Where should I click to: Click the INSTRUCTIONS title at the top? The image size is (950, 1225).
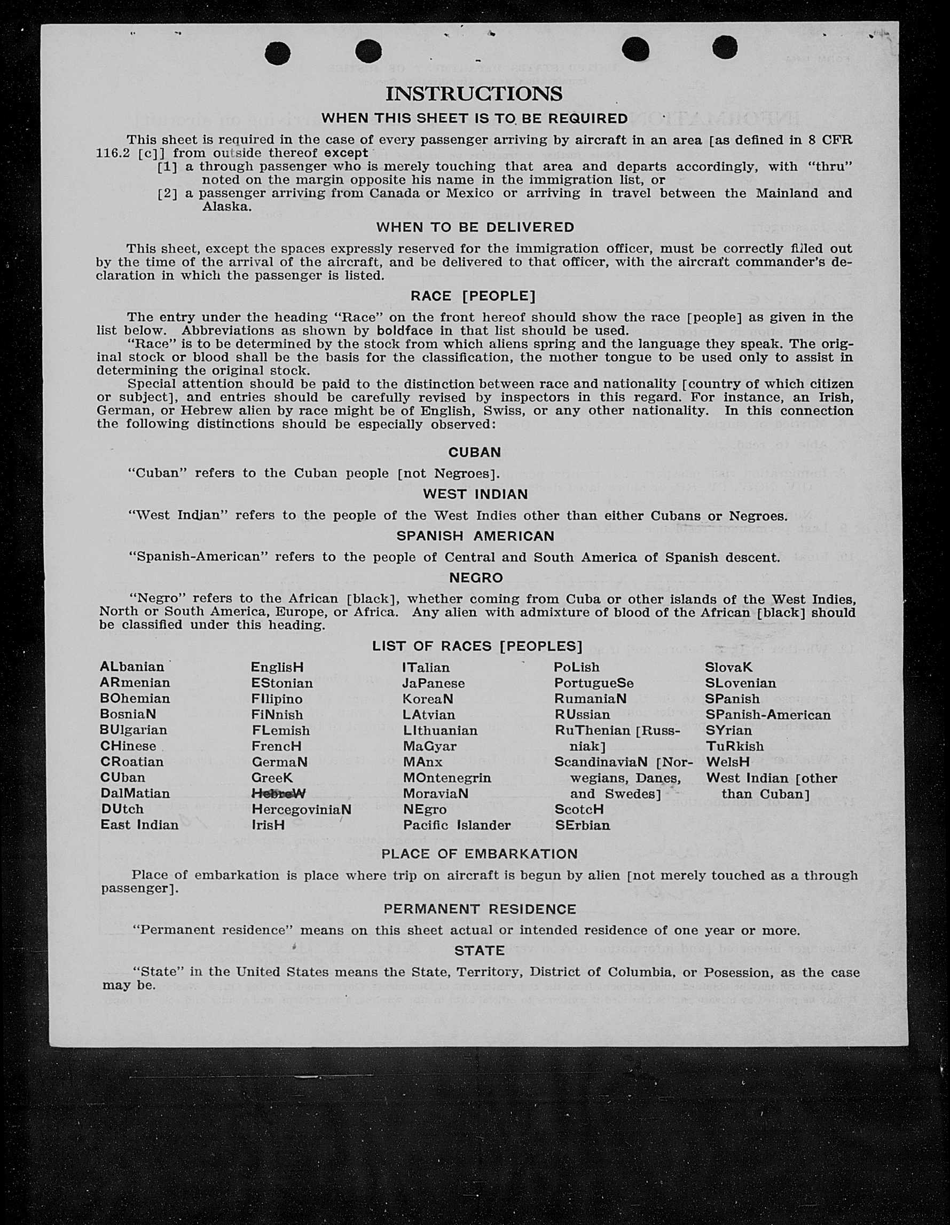pyautogui.click(x=474, y=93)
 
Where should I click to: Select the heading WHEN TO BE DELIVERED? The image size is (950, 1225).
pyautogui.click(x=475, y=227)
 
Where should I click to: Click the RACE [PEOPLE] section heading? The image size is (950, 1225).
pyautogui.click(x=473, y=296)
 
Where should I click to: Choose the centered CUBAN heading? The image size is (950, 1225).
pyautogui.click(x=474, y=452)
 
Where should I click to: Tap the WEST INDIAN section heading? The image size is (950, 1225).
pyautogui.click(x=475, y=494)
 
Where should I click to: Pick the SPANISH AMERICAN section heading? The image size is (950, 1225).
pyautogui.click(x=475, y=536)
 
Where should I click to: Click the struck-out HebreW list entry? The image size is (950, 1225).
pyautogui.click(x=278, y=794)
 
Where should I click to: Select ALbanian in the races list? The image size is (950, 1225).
pyautogui.click(x=132, y=667)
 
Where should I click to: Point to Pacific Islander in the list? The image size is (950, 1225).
pyautogui.click(x=457, y=825)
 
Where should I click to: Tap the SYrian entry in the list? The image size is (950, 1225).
pyautogui.click(x=729, y=730)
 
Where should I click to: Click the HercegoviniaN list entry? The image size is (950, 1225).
pyautogui.click(x=301, y=809)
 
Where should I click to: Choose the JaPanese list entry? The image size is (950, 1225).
pyautogui.click(x=433, y=683)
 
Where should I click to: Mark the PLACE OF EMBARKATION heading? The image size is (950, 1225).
pyautogui.click(x=479, y=853)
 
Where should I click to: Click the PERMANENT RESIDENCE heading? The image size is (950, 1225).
pyautogui.click(x=480, y=909)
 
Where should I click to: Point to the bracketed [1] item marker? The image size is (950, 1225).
pyautogui.click(x=167, y=167)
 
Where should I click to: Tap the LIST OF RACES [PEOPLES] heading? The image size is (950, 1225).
pyautogui.click(x=477, y=646)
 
